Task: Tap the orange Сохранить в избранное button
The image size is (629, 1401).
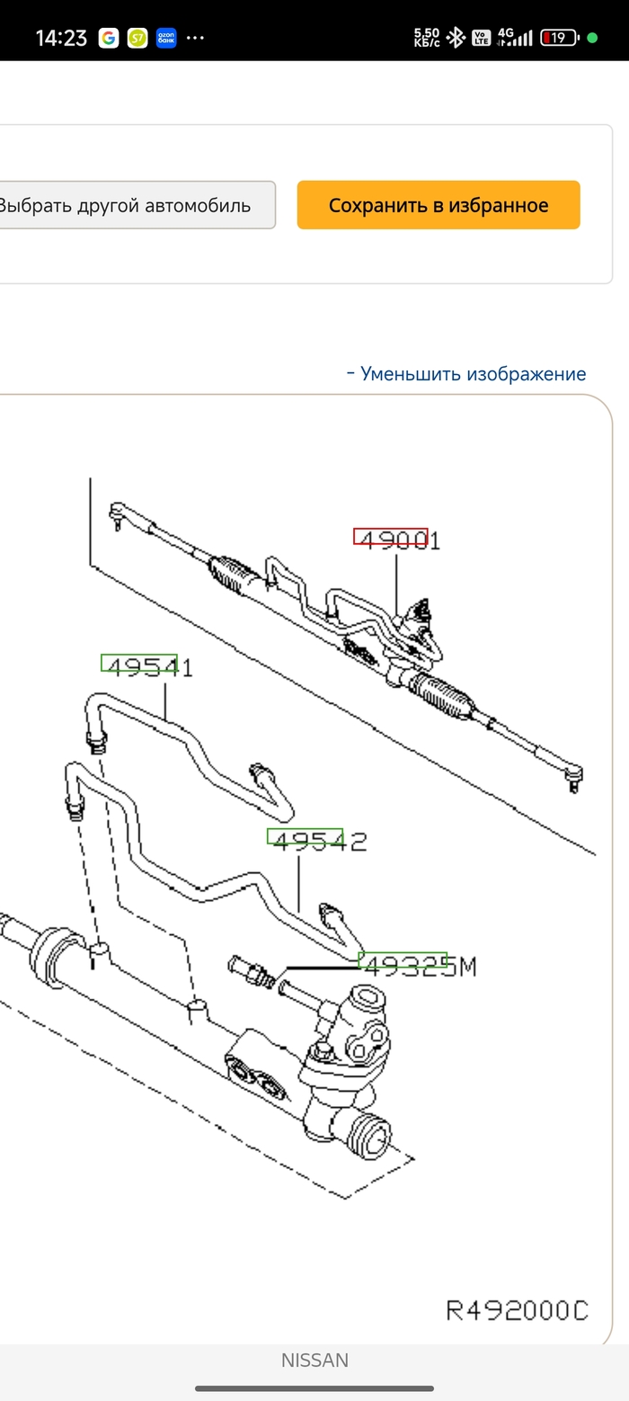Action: click(439, 205)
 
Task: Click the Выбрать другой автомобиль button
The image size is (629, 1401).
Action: click(126, 205)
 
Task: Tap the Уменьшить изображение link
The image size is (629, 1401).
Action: click(466, 374)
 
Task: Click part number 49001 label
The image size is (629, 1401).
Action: click(396, 540)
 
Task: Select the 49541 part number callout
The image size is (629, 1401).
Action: click(146, 666)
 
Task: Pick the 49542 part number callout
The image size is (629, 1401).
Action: click(318, 841)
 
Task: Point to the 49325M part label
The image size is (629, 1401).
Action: click(418, 966)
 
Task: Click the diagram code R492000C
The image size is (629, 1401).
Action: click(517, 1310)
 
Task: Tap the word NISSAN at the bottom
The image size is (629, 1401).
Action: click(314, 1361)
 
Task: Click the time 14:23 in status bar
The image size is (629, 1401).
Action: click(61, 38)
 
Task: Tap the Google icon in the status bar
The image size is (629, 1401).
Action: click(109, 38)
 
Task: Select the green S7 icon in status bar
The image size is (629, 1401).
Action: click(137, 38)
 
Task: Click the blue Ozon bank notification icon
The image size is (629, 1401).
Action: click(166, 38)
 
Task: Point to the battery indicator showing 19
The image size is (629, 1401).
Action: click(558, 38)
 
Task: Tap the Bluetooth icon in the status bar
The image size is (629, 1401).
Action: click(456, 38)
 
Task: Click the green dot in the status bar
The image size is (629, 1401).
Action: click(592, 38)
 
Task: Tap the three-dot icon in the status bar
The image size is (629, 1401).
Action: click(195, 38)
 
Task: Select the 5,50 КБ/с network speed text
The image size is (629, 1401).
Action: click(427, 38)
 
